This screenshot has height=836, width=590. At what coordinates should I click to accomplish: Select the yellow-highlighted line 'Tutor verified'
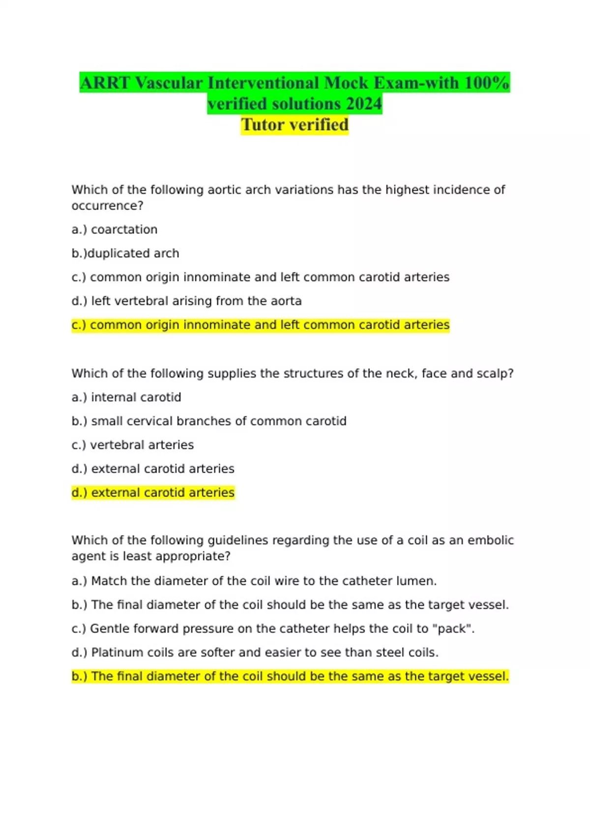[295, 125]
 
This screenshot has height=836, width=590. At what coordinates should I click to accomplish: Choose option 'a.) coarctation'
[115, 230]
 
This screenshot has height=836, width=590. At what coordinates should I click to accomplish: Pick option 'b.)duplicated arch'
[125, 253]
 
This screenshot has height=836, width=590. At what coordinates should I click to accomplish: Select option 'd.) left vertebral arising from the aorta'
[186, 301]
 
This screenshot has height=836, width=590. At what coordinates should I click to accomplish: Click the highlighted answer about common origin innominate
[260, 325]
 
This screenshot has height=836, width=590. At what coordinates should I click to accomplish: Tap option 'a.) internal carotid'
[126, 397]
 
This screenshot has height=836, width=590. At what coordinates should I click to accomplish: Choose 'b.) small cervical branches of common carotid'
[209, 421]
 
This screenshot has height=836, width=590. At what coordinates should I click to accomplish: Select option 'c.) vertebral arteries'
[133, 445]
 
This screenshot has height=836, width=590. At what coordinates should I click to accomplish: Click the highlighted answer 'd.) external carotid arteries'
[153, 493]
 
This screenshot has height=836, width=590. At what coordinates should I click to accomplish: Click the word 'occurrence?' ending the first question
[107, 206]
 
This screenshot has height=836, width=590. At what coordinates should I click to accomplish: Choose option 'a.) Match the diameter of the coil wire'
[254, 581]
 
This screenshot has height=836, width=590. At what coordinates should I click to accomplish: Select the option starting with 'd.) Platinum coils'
[255, 653]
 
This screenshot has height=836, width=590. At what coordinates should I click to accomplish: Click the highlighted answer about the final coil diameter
[290, 677]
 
